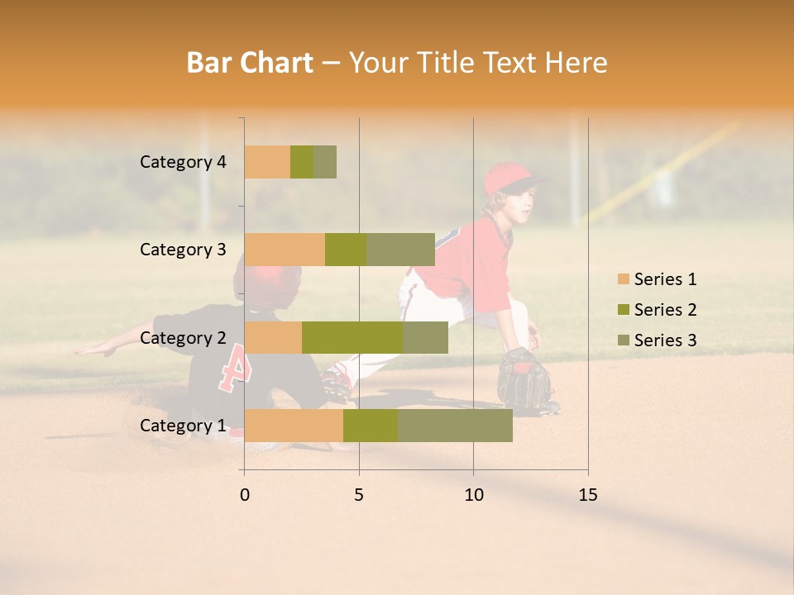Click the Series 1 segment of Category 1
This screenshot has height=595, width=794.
point(294,425)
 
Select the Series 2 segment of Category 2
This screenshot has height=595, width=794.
point(352,337)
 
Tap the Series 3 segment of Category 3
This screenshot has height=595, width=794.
point(400,250)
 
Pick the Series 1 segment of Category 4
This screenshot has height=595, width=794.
point(267,162)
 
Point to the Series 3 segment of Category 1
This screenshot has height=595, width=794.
point(455,425)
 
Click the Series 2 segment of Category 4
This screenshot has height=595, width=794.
point(302,162)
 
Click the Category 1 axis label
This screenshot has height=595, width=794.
point(183,426)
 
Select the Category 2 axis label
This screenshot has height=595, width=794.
point(183,338)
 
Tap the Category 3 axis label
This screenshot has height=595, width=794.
point(183,250)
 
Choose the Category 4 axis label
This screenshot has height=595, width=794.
point(183,162)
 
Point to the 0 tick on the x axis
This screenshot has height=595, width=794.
point(245,495)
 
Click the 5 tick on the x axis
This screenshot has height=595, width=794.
point(359,495)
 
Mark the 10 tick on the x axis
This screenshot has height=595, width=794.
point(473,495)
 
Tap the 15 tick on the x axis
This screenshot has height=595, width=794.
point(587,495)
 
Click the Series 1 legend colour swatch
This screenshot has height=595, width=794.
point(623,279)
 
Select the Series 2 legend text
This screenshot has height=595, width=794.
point(665,310)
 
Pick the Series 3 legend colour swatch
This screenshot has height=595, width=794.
point(623,340)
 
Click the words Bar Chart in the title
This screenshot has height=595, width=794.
point(250,62)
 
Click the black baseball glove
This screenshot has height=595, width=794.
point(523,378)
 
